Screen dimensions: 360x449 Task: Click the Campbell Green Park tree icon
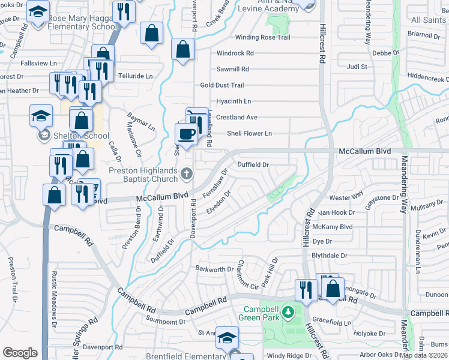288,312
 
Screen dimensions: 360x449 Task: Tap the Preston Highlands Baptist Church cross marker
187,174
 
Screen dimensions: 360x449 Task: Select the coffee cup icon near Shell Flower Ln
185,134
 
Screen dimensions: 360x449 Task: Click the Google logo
20,353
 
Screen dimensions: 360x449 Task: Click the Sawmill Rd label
232,70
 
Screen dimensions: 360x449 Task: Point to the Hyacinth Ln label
234,101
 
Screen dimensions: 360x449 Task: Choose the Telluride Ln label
135,76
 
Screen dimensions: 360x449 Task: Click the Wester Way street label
346,196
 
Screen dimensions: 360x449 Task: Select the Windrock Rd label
235,53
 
